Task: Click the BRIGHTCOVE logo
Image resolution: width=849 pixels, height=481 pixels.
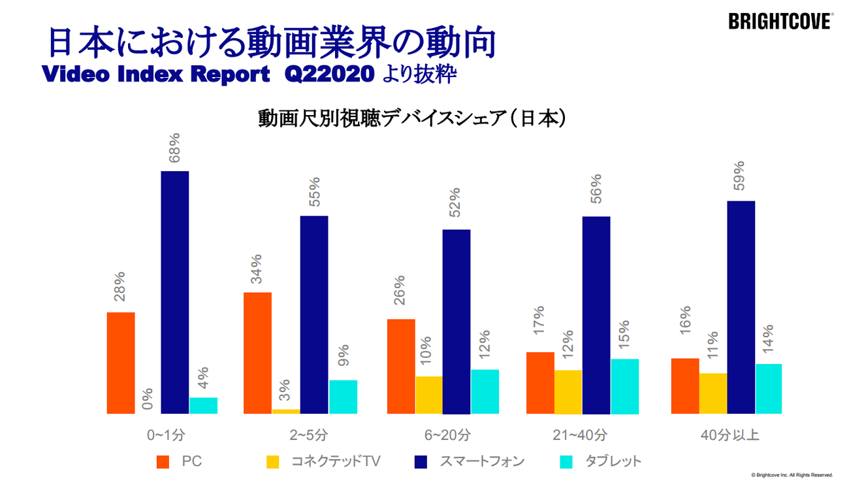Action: tap(780, 22)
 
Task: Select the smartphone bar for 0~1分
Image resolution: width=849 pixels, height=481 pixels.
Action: tap(175, 292)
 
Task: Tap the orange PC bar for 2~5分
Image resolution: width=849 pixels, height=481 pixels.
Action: tap(257, 353)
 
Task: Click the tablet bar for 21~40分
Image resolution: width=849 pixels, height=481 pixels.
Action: tap(625, 386)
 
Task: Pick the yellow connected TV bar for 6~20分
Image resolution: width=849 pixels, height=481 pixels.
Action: tap(429, 395)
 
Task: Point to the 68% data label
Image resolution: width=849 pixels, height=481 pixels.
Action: tap(174, 148)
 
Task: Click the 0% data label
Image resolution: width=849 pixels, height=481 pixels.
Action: tap(148, 399)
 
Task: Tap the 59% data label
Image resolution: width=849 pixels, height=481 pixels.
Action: tap(740, 177)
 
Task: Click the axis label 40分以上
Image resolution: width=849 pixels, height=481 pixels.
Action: tap(726, 435)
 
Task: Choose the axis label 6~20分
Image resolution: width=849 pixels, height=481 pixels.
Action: tap(443, 435)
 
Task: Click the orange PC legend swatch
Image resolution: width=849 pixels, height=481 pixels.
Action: tap(163, 462)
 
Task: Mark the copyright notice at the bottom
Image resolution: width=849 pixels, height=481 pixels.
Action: tap(792, 474)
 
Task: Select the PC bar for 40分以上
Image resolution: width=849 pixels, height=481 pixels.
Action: tap(684, 386)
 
